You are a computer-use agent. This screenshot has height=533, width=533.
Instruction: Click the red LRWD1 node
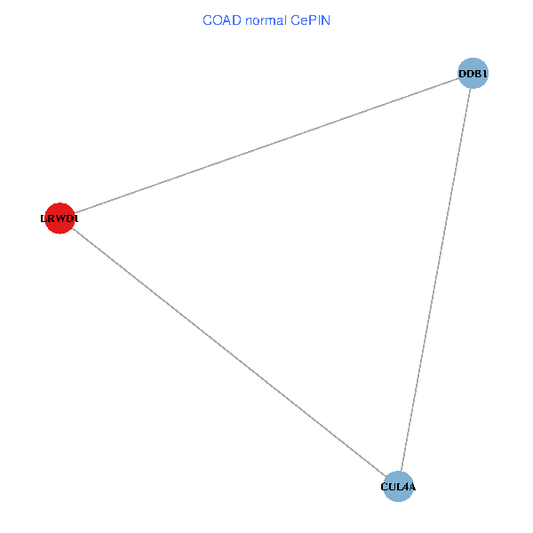(59, 219)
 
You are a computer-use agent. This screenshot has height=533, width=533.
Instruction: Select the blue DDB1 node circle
(473, 74)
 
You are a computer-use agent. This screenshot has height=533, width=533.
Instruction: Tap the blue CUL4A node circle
(398, 487)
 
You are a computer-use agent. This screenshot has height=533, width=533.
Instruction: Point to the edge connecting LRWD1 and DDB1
(266, 146)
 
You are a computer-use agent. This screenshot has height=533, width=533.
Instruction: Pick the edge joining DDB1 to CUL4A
(435, 280)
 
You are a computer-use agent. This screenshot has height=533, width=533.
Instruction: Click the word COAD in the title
(219, 20)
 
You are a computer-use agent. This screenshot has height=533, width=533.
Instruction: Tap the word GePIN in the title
(309, 20)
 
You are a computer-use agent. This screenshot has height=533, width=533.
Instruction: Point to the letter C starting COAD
(207, 20)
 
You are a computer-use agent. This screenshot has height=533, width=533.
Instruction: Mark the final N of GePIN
(326, 20)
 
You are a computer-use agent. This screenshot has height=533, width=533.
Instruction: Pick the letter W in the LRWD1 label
(59, 219)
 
